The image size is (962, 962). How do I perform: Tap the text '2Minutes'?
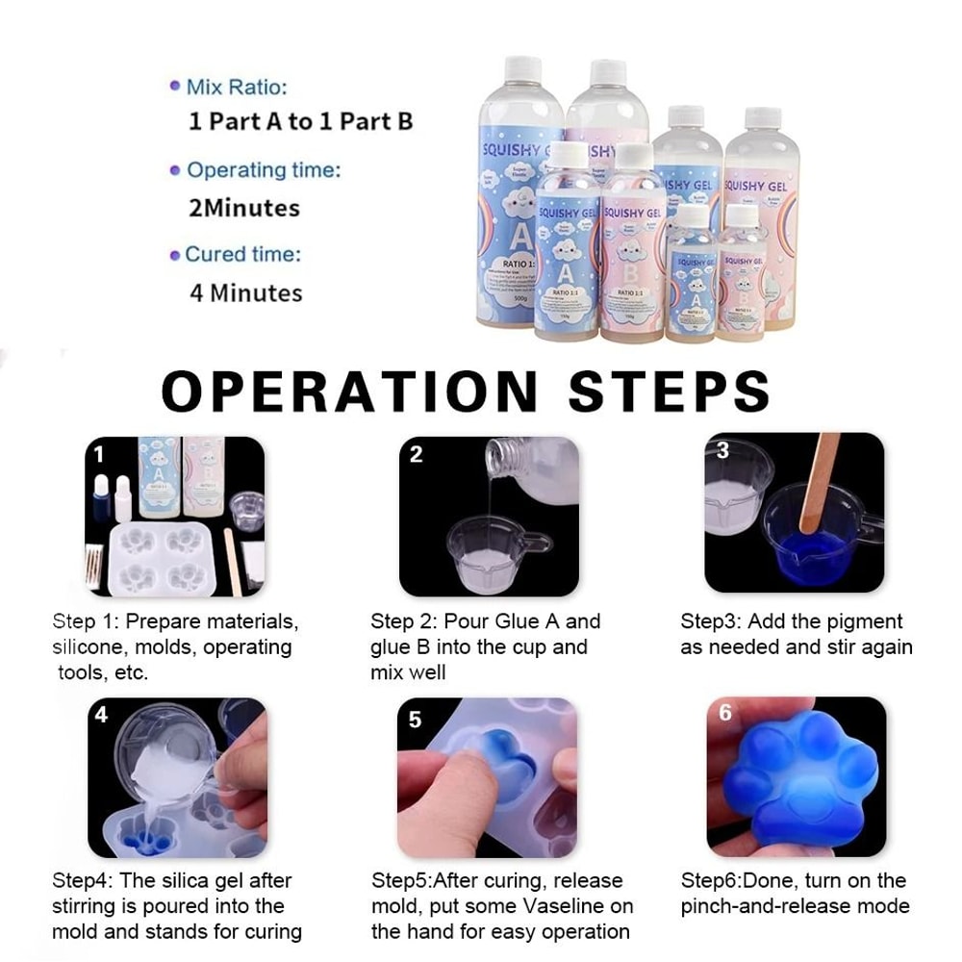(x=244, y=208)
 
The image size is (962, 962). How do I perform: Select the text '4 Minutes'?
(x=245, y=292)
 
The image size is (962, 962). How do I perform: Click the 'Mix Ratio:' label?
(x=237, y=88)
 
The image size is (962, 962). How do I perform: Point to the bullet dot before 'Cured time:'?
(x=175, y=256)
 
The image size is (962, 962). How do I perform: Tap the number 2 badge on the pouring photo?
(x=416, y=454)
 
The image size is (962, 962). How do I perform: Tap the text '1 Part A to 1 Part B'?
(x=300, y=122)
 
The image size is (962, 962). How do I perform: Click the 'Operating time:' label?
(x=263, y=171)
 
